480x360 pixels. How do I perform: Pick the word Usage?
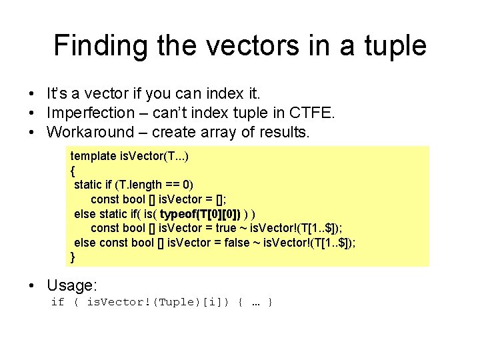coord(71,285)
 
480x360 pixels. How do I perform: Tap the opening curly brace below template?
coord(73,170)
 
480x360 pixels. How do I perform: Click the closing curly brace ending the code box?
coord(73,257)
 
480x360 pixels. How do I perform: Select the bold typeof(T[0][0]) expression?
coord(201,213)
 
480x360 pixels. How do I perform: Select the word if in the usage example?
coord(57,303)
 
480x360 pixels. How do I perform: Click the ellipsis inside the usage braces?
coord(256,303)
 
